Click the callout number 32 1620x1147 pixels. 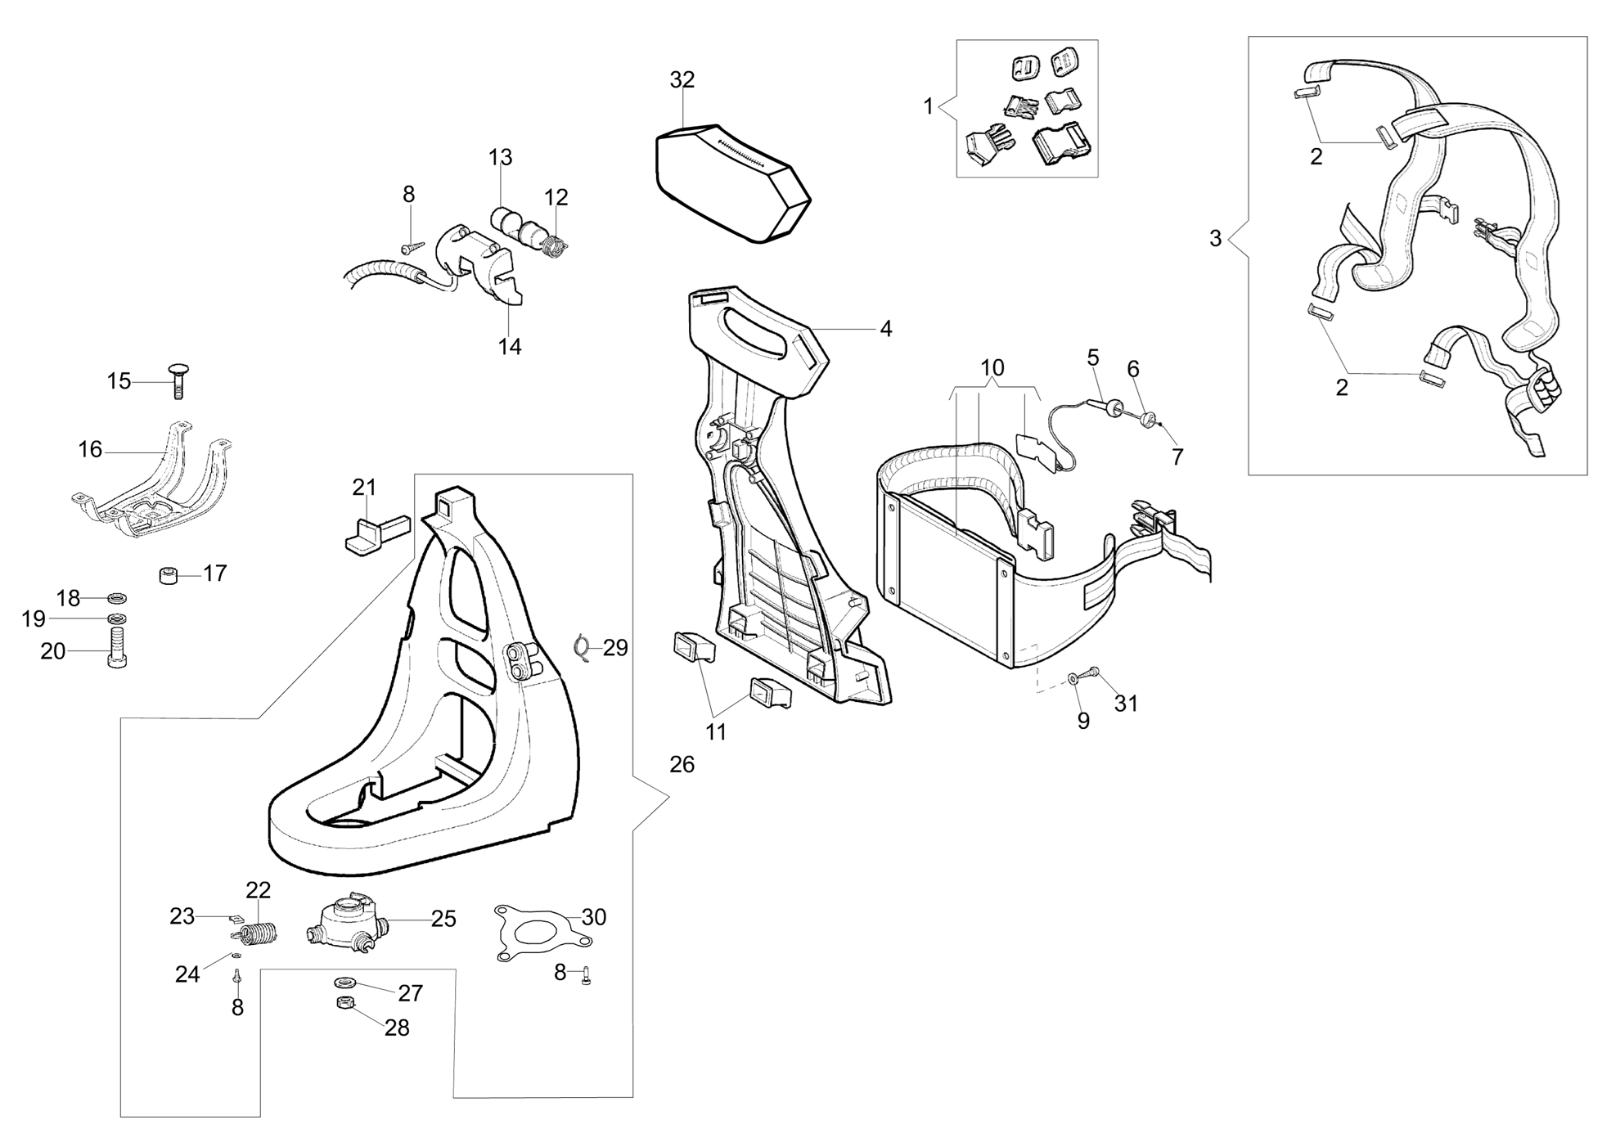click(x=682, y=80)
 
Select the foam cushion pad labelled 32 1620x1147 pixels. click(x=733, y=182)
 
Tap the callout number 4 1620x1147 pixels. click(x=885, y=329)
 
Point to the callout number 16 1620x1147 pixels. click(x=90, y=449)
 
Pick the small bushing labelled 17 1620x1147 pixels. click(x=169, y=576)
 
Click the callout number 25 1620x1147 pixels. click(x=443, y=919)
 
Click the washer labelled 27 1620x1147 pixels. click(x=341, y=981)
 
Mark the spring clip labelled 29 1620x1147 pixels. click(x=583, y=647)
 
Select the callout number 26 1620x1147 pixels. click(x=682, y=765)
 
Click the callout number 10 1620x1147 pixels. click(x=992, y=367)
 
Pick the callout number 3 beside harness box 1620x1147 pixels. click(x=1215, y=239)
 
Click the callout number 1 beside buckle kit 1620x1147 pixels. click(x=928, y=106)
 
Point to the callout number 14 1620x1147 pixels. click(x=510, y=347)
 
